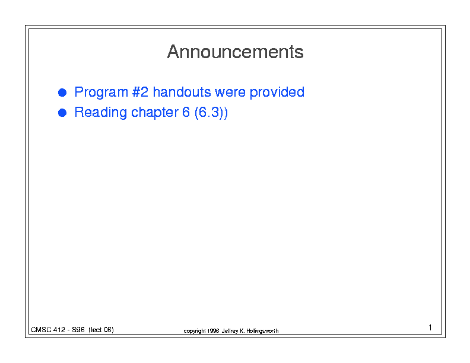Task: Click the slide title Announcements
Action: coord(236,52)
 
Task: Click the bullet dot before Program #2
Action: coord(62,93)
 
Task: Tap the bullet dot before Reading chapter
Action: coord(62,113)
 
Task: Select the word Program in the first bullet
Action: coord(101,93)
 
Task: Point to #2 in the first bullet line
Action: coord(140,92)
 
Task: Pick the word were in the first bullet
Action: coord(230,93)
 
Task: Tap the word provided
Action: coord(277,93)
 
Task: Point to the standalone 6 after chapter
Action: coord(186,112)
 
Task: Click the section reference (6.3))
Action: coord(211,113)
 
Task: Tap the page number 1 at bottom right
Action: coord(430,327)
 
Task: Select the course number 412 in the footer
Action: coord(59,330)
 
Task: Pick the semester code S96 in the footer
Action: coord(78,330)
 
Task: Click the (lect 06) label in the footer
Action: coord(101,330)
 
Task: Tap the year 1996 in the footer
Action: coord(213,331)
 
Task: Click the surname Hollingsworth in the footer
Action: coord(262,331)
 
